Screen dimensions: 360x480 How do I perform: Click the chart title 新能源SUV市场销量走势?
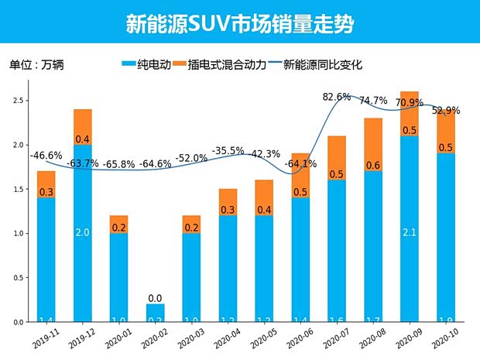(240, 22)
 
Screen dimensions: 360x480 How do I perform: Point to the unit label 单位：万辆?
(36, 65)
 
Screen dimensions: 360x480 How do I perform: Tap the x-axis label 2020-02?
(154, 340)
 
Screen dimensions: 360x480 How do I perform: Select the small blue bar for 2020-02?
(156, 313)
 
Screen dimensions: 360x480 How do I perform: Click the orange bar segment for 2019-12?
(83, 127)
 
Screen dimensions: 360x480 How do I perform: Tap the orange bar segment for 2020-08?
(374, 145)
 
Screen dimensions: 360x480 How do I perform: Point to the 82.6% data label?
(337, 97)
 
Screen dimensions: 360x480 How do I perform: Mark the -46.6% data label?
(46, 156)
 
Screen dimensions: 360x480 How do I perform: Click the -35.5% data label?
(228, 150)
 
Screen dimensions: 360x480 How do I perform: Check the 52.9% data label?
(444, 110)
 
